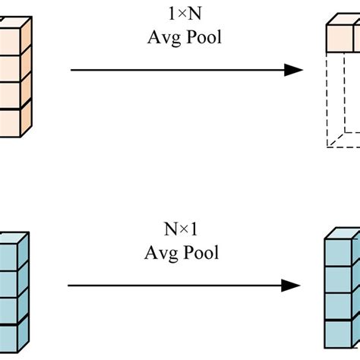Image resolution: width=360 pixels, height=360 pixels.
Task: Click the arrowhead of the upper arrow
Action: [295, 70]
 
